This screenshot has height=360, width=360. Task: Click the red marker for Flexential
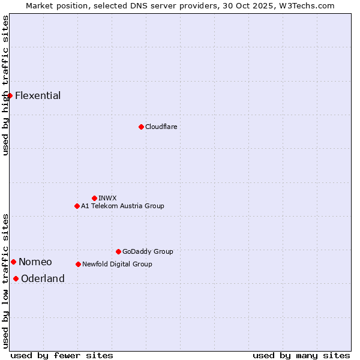coord(10,95)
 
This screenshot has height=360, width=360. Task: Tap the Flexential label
coord(38,96)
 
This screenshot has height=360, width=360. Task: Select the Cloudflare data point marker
coord(141,127)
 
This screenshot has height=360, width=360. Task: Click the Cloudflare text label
coord(161,127)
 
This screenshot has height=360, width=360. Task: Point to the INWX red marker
coord(94,198)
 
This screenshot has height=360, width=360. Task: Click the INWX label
coord(107,199)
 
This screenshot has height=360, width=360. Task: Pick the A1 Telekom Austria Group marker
coord(77,206)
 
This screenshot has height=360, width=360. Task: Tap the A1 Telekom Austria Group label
coord(122,206)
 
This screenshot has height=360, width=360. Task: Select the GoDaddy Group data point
coord(118,251)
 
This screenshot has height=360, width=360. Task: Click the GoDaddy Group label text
coord(148,252)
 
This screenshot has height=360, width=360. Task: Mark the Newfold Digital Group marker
coord(78,264)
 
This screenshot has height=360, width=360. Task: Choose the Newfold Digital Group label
coord(117,265)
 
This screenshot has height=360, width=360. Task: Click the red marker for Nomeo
coord(13,262)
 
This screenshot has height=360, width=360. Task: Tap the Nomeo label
coord(35,262)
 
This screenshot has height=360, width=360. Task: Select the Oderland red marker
coord(16,278)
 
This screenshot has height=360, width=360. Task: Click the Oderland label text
coord(43,279)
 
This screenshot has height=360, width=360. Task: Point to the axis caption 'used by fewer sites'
coord(62,355)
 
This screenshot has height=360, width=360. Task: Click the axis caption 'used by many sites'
coord(301,355)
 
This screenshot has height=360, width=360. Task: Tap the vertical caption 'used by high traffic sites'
coord(5,85)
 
